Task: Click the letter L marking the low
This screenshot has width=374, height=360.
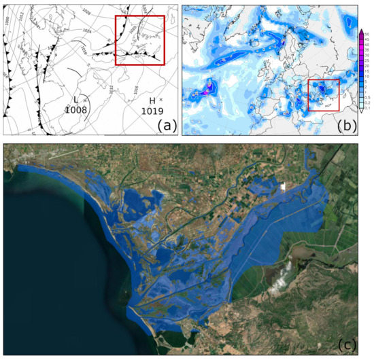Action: pos(75,101)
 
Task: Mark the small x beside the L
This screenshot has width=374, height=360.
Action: pos(86,99)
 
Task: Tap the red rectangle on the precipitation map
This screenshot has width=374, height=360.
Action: pos(323,94)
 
